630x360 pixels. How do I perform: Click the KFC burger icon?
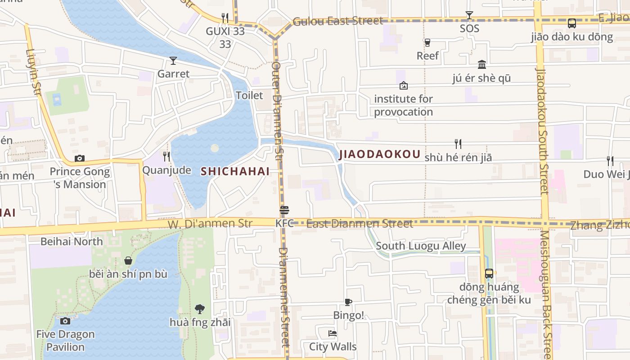[x=284, y=210]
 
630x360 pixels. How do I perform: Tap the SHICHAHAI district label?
[x=235, y=171]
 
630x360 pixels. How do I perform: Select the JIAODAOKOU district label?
[x=379, y=154]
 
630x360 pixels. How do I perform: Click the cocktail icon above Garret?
[x=173, y=61]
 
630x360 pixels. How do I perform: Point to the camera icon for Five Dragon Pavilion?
[x=65, y=321]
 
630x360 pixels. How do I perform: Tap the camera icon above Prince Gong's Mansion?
[x=80, y=158]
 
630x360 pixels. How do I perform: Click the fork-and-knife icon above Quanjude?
[x=166, y=157]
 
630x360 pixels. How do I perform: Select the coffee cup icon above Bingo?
[x=348, y=302]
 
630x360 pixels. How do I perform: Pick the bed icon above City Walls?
[x=333, y=333]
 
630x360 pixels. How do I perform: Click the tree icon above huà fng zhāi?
[x=200, y=309]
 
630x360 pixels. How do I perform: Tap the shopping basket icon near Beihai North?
[x=128, y=261]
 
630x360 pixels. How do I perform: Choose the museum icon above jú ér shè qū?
[x=482, y=64]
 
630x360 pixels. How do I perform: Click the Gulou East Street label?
[x=337, y=21]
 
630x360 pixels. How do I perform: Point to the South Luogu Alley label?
[x=421, y=246]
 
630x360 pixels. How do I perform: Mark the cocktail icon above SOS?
[x=469, y=15]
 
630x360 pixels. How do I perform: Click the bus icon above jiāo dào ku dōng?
[x=572, y=23]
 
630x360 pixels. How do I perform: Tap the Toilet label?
[x=249, y=95]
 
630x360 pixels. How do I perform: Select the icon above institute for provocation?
[x=404, y=85]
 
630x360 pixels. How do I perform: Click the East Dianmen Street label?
[x=359, y=224]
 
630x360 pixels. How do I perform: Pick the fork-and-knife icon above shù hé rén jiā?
[x=458, y=144]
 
